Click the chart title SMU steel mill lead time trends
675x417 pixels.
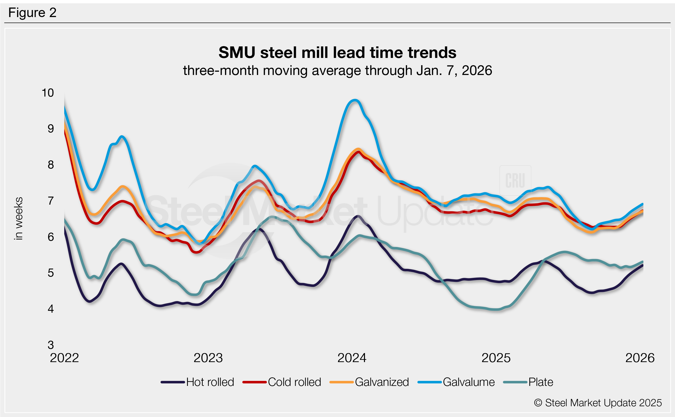pyautogui.click(x=337, y=52)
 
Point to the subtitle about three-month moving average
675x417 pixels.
pyautogui.click(x=337, y=71)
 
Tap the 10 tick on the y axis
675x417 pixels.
pyautogui.click(x=48, y=93)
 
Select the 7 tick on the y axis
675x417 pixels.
pyautogui.click(x=51, y=201)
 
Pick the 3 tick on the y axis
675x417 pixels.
pyautogui.click(x=51, y=345)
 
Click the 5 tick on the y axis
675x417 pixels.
pyautogui.click(x=51, y=273)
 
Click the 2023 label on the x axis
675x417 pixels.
pyautogui.click(x=208, y=358)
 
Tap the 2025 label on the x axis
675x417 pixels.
pyautogui.click(x=496, y=358)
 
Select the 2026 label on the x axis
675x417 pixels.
pyautogui.click(x=640, y=358)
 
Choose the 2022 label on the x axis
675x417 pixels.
pyautogui.click(x=64, y=358)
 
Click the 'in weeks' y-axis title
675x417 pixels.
pyautogui.click(x=19, y=218)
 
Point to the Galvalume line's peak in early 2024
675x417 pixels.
pyautogui.click(x=355, y=100)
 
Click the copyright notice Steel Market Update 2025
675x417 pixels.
pyautogui.click(x=598, y=403)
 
